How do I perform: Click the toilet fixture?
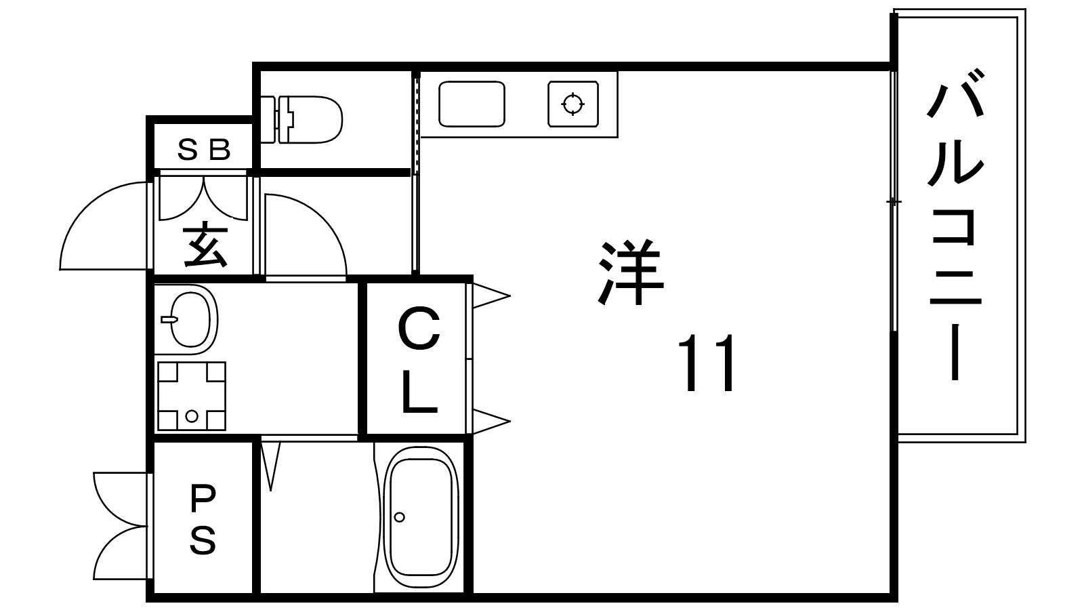point(301,119)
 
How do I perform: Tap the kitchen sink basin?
point(472,104)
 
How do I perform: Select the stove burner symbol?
point(573,104)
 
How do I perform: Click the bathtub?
point(421,516)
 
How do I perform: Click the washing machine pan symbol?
point(192,396)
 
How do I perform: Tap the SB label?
point(203,149)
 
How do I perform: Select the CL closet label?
point(419,361)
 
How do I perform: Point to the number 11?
point(707,363)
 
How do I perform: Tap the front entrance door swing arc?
point(103,226)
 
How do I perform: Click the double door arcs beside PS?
point(120,526)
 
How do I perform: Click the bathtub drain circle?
point(399,517)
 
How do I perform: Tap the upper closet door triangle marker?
point(491,296)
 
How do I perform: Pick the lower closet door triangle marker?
point(491,422)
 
